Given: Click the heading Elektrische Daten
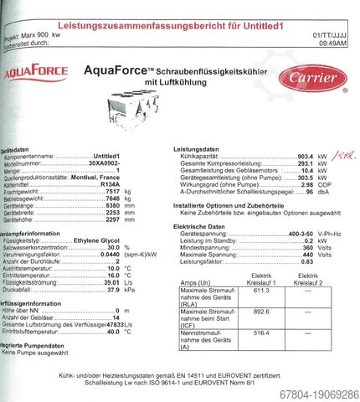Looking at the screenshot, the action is pyautogui.click(x=201, y=227).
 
